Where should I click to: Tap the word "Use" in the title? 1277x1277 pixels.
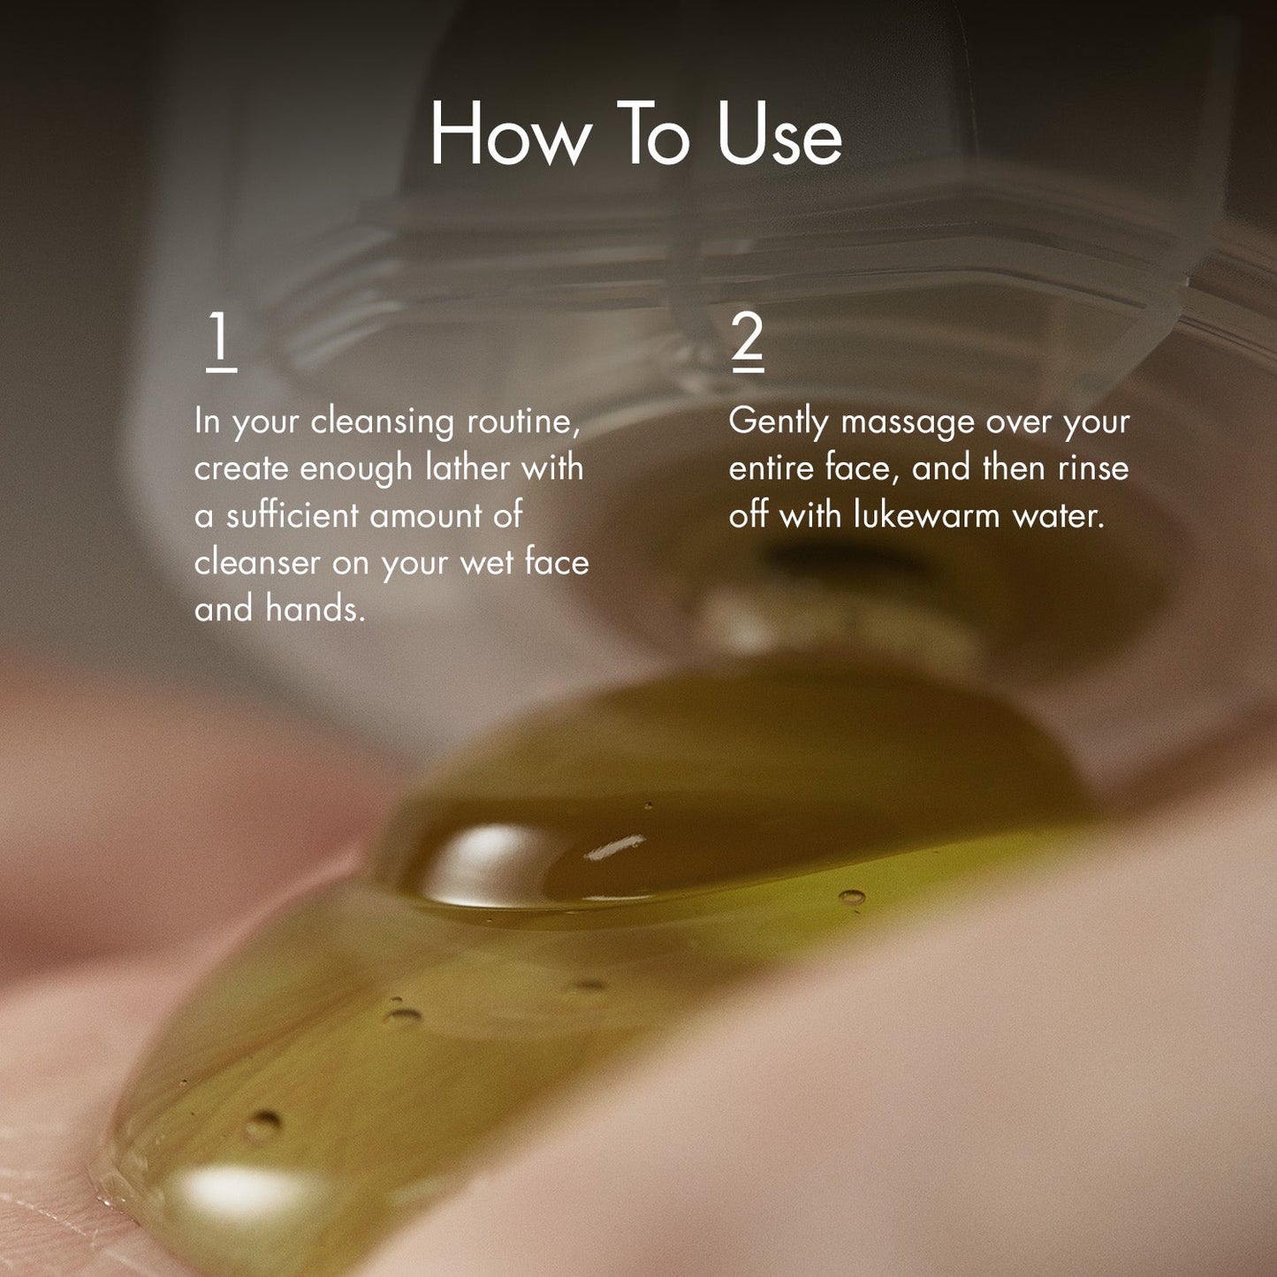[779, 134]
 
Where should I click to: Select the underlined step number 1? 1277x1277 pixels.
[221, 340]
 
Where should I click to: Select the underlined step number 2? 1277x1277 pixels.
[748, 340]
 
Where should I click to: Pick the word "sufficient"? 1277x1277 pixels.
[293, 515]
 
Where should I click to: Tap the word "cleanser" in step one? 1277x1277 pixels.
[257, 563]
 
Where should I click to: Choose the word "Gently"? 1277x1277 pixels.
[778, 422]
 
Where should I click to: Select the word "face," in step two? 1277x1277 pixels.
[863, 468]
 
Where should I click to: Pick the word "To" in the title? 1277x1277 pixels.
[653, 134]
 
